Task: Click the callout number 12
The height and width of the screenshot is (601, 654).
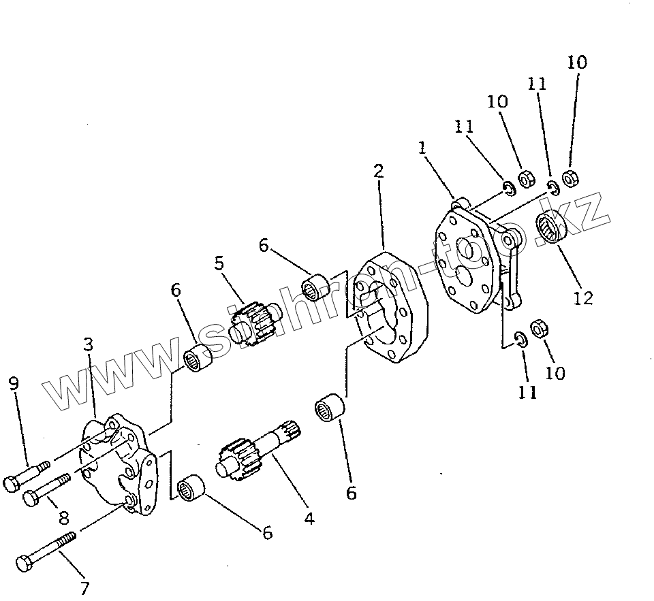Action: point(583,297)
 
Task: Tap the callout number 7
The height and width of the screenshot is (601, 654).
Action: point(85,587)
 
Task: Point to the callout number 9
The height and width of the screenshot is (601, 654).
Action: point(14,385)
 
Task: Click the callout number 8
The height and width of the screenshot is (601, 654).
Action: point(63,518)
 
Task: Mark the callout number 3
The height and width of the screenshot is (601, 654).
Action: point(89,345)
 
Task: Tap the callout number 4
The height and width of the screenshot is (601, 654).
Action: point(309,519)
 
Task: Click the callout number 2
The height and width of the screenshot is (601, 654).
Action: point(379,170)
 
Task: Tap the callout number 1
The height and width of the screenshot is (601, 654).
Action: point(422,148)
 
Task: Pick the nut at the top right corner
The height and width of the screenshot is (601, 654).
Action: point(571,177)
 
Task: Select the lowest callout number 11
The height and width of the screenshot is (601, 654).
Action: point(528,392)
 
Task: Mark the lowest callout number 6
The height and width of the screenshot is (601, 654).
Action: point(267,533)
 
